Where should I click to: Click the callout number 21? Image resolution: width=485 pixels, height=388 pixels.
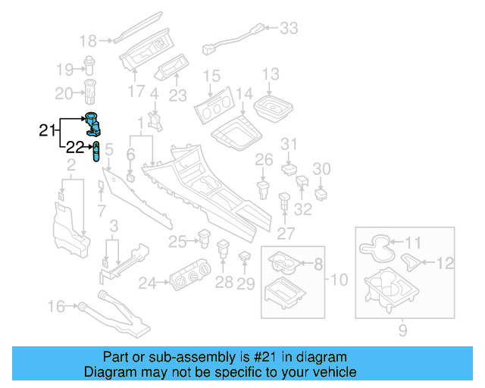coord(47,131)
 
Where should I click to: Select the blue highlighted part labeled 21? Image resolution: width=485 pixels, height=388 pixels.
coord(94,124)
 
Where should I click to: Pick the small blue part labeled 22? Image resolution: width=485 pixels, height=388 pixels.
coord(96,152)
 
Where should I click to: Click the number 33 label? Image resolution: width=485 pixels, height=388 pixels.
coord(289,29)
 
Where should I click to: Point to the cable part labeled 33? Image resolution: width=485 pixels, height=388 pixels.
coord(235,38)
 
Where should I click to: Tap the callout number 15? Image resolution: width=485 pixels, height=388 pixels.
coord(211,76)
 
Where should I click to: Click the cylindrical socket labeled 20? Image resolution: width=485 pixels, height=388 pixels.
coord(90,93)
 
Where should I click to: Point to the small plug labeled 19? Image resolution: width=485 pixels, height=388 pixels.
coord(89,68)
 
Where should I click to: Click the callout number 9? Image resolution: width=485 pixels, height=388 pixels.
coord(402,330)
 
